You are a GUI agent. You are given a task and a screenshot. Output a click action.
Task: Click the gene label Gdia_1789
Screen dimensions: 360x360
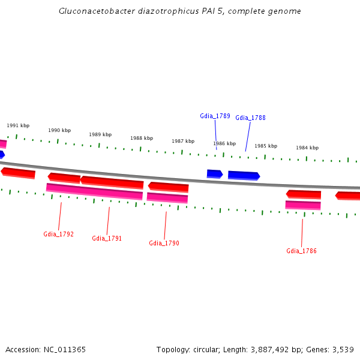(x=215, y=116)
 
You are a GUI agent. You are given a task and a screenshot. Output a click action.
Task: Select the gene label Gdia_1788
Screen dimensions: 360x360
(x=250, y=118)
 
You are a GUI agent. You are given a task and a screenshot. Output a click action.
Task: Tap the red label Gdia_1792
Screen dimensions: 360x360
(x=58, y=234)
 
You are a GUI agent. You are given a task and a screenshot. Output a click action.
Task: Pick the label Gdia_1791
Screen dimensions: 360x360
(x=107, y=238)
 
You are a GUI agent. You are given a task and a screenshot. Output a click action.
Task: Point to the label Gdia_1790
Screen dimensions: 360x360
(x=164, y=243)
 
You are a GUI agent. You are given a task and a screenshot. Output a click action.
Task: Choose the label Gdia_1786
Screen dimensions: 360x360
(x=301, y=251)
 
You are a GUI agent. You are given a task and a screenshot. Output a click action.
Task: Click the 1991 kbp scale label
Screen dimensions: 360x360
(x=18, y=125)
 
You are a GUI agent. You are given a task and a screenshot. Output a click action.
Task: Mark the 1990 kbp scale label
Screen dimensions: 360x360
(x=59, y=130)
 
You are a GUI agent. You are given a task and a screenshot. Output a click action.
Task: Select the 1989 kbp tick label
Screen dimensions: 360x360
(x=100, y=134)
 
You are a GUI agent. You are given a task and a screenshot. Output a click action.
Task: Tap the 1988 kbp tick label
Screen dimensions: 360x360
(x=142, y=138)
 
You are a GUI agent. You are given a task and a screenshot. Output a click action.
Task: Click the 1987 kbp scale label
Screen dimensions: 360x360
(x=183, y=141)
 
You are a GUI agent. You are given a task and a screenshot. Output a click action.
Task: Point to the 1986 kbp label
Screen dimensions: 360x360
(x=224, y=143)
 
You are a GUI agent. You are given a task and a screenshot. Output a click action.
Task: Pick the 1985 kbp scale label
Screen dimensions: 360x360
(x=265, y=146)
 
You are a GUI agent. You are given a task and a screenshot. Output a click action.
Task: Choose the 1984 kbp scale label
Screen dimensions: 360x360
(x=307, y=148)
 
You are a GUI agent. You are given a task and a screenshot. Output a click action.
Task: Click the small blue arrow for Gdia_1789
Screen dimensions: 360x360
(x=214, y=174)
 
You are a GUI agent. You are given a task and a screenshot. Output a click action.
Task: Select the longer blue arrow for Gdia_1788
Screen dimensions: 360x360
(x=244, y=175)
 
